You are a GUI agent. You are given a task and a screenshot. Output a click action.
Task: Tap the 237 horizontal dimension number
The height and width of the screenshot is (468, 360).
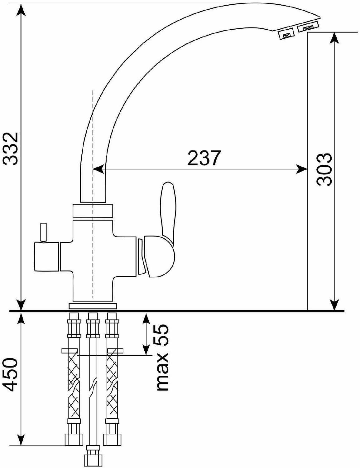204,158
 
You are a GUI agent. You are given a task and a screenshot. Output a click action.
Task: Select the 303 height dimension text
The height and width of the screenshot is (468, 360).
324,169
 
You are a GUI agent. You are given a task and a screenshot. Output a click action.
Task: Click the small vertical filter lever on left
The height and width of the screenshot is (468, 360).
43,233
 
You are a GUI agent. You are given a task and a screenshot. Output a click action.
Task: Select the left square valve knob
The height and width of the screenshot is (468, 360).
47,256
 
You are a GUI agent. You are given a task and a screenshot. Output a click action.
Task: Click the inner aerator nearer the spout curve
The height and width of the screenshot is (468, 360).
286,34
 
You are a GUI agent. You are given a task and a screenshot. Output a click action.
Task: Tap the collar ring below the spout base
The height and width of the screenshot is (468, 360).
93,211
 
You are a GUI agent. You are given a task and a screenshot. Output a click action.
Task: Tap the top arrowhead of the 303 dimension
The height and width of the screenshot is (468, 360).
334,38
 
